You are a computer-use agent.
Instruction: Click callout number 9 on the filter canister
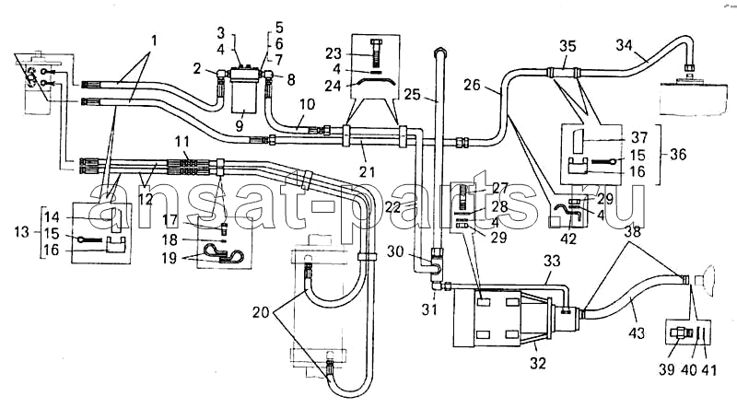240,125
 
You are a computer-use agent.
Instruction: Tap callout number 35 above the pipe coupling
567,48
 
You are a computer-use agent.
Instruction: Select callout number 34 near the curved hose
625,46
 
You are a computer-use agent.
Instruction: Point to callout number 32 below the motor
538,363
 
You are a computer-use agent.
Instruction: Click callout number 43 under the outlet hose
638,333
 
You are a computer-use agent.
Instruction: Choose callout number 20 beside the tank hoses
261,311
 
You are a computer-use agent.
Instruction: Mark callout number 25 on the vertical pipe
412,94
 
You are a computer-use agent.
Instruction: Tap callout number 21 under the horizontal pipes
367,172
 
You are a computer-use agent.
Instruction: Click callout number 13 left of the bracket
21,232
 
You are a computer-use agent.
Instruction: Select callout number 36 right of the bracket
678,154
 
